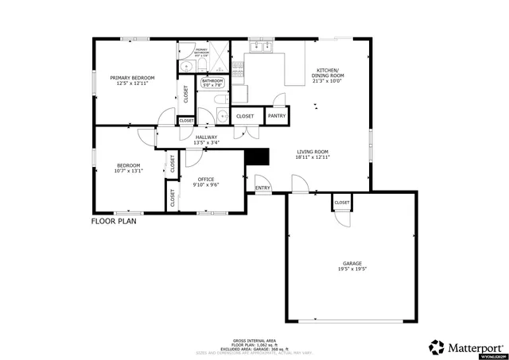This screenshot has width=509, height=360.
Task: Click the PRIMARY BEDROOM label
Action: [x=132, y=77]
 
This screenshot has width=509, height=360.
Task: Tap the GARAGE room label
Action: [x=355, y=263]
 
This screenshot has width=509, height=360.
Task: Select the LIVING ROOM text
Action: [x=313, y=151]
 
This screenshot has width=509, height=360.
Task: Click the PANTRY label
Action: [x=277, y=116]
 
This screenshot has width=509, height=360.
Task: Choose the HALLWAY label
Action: [x=206, y=137]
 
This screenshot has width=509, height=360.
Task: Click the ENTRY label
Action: [x=262, y=188]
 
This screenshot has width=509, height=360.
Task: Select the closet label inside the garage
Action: [x=342, y=203]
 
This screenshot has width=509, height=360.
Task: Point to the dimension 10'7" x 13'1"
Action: [x=127, y=170]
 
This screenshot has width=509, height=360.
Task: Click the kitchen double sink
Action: [x=260, y=48]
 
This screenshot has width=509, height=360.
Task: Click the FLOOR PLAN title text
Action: [x=114, y=222]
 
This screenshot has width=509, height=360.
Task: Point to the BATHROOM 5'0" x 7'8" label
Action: [x=212, y=83]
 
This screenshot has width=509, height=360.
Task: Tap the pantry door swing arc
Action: [x=279, y=100]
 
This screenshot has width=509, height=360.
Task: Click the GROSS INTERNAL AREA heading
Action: [x=254, y=338]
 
